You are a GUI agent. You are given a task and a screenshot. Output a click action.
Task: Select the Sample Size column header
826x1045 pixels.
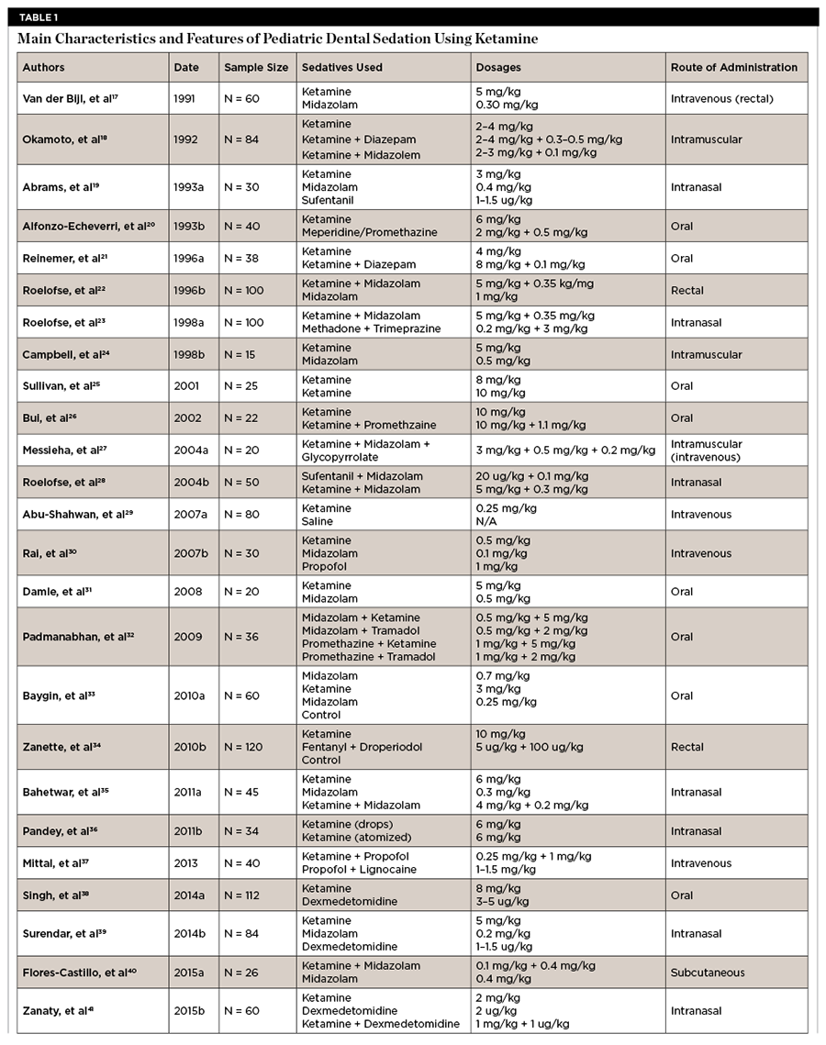[x=256, y=67]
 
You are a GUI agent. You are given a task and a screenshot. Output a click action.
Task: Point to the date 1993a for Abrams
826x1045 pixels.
[x=189, y=187]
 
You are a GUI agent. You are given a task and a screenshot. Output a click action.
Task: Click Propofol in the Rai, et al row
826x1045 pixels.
[x=325, y=566]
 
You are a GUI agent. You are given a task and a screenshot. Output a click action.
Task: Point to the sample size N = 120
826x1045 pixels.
[x=246, y=747]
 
